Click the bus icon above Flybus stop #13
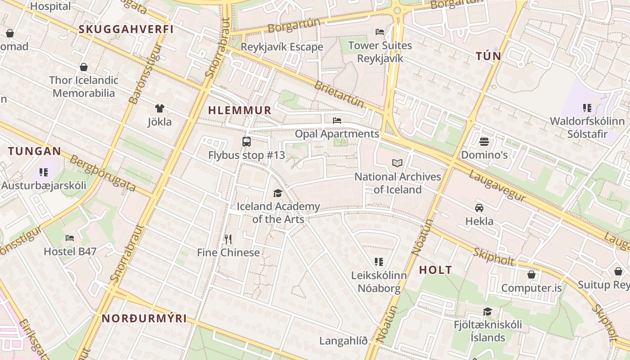click(x=247, y=142)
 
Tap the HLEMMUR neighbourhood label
click(x=239, y=110)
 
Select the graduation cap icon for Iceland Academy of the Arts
click(x=278, y=193)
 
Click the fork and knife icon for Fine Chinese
click(x=228, y=239)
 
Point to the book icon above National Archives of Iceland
click(x=397, y=163)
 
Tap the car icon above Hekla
click(x=479, y=207)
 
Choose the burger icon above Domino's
click(x=484, y=142)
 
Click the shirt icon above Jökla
click(x=159, y=108)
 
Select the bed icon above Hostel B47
click(x=70, y=238)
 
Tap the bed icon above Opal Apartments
click(x=337, y=120)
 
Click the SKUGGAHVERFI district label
click(x=126, y=29)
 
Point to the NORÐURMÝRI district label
click(x=144, y=319)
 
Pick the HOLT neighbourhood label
click(x=436, y=270)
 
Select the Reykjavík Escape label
click(x=282, y=47)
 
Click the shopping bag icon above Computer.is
click(x=531, y=274)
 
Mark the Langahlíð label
click(x=343, y=341)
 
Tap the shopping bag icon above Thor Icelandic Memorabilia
click(x=84, y=67)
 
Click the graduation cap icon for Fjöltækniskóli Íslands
click(x=487, y=311)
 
